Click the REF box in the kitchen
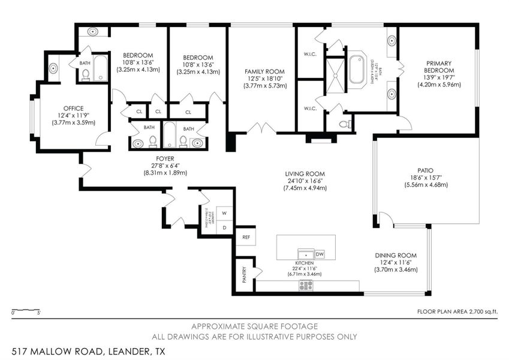[x=245, y=237]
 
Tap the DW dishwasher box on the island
[x=319, y=254]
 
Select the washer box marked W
[x=224, y=212]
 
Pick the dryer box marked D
[x=224, y=228]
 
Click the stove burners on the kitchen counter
[x=306, y=285]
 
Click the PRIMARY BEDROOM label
[x=439, y=67]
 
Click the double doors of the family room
[x=261, y=127]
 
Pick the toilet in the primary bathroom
[x=344, y=125]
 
